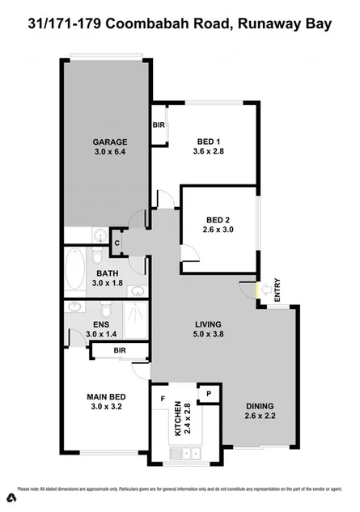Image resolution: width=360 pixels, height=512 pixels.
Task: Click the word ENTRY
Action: [x=277, y=290]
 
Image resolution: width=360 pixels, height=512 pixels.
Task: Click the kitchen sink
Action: [x=185, y=455]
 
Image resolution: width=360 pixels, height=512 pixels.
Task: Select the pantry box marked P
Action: [x=208, y=393]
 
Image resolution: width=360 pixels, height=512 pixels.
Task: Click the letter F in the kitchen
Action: [x=163, y=399]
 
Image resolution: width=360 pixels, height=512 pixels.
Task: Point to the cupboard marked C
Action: [x=117, y=243]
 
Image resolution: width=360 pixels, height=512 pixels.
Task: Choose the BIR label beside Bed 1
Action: [x=159, y=125]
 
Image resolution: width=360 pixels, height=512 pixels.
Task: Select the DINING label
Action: [x=261, y=406]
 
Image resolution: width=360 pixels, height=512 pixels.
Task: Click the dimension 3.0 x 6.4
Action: [x=110, y=150]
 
